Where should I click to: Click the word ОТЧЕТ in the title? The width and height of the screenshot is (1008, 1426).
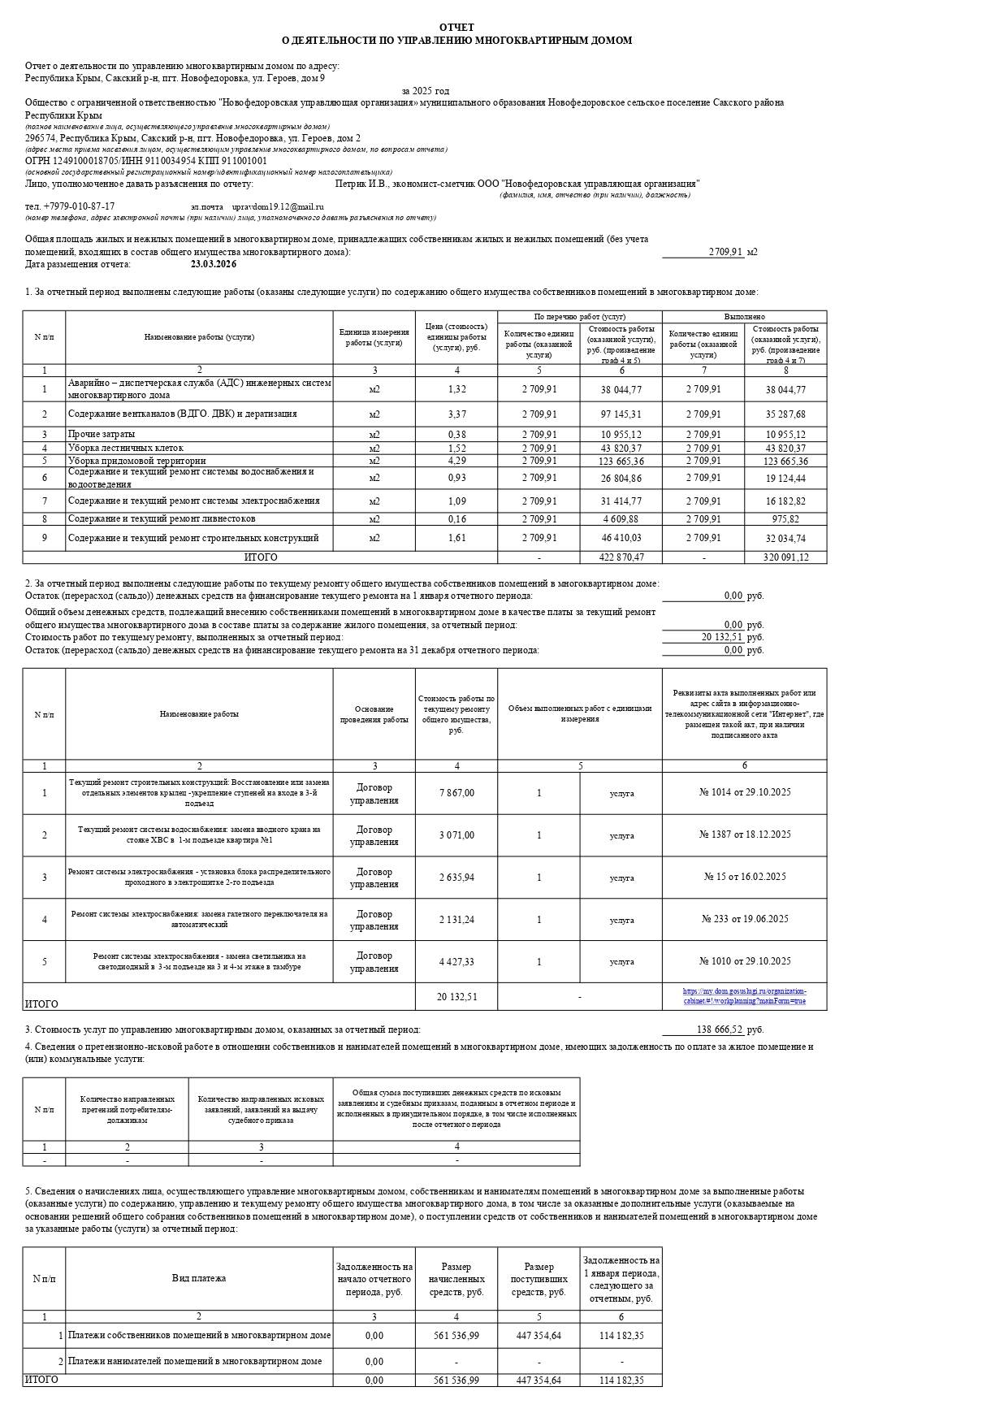coord(456,28)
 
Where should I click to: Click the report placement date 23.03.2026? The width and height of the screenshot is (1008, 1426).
coord(214,264)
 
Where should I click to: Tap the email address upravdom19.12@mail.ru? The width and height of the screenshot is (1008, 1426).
coord(278,207)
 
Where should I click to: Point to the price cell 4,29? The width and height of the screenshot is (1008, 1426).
coord(456,461)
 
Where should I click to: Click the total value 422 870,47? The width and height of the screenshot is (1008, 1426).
coord(621,557)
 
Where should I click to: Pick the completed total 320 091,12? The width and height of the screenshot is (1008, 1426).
coord(785,557)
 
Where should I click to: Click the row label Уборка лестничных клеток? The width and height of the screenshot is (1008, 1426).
coord(126,448)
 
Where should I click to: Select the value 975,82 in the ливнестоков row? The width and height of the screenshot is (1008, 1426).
coord(785,519)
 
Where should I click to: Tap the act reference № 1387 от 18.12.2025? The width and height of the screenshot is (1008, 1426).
coord(744,834)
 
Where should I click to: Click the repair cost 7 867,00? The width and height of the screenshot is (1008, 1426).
coord(456,793)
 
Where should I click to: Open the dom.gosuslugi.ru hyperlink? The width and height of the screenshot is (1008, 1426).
coord(744,996)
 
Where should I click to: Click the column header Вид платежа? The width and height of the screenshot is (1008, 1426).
coord(199,1278)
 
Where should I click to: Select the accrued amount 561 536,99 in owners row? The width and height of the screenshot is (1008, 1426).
coord(456,1335)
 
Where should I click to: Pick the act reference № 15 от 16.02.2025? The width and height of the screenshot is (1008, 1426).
coord(744,877)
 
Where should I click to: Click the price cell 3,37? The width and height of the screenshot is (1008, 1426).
coord(456,414)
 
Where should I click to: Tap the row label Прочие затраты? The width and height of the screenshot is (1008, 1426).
coord(102,435)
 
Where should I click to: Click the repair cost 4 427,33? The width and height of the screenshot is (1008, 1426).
coord(456,962)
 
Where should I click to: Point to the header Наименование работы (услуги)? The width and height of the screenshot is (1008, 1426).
coord(199,337)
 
